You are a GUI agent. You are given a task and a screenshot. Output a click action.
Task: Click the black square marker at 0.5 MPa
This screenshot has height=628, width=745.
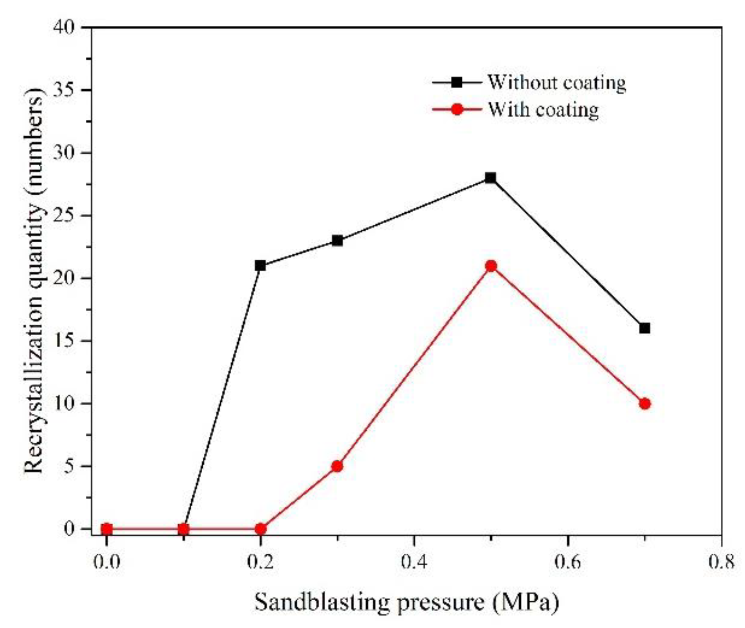(x=490, y=178)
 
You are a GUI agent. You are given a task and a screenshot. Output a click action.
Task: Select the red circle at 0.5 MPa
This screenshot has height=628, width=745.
(x=491, y=266)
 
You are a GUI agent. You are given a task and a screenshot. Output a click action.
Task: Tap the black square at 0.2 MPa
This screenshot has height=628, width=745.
(x=260, y=265)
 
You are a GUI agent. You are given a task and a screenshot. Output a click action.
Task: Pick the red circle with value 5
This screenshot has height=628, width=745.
(x=337, y=466)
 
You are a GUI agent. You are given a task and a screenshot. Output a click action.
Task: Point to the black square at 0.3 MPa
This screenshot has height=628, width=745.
(x=337, y=240)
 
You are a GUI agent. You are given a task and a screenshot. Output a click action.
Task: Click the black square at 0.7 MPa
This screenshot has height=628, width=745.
(x=644, y=328)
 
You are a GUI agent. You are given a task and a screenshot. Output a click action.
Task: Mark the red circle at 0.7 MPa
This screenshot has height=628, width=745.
(x=645, y=404)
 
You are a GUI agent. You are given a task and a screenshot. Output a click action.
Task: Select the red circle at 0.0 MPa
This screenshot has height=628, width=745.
(x=106, y=529)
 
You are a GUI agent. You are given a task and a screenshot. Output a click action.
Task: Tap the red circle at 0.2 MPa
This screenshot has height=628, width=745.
(x=261, y=529)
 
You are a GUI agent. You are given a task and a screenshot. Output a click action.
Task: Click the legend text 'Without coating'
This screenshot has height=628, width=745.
(x=556, y=83)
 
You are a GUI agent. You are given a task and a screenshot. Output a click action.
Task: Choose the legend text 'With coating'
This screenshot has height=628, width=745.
(x=543, y=109)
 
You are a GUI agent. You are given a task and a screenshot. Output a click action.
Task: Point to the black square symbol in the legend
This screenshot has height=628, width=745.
(x=457, y=82)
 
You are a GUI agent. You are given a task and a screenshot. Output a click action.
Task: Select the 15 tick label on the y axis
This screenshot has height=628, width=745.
(x=64, y=341)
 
